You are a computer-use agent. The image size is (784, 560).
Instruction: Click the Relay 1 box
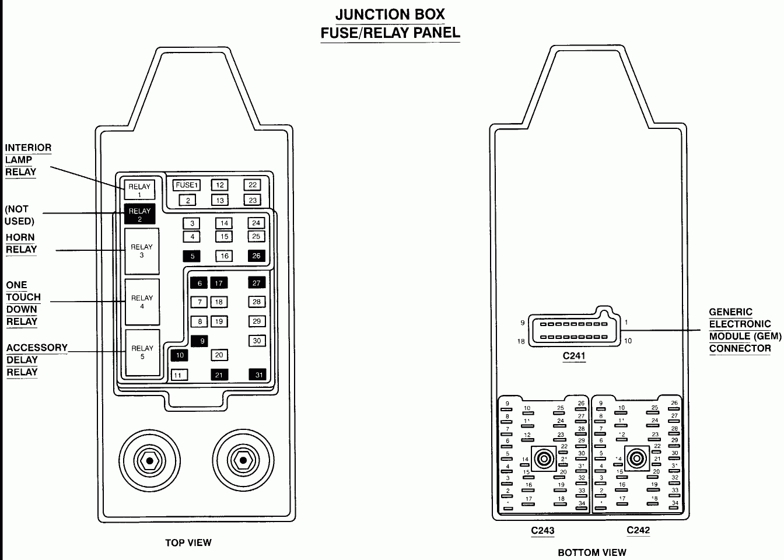coord(139,190)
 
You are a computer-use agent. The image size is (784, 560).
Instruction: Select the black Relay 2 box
coord(139,215)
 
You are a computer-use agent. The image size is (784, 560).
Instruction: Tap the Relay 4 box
coord(142,302)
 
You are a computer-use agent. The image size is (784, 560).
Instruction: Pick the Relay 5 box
coord(142,352)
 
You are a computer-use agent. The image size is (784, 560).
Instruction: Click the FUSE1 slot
coord(187,185)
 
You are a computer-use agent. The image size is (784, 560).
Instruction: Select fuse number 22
coord(253,185)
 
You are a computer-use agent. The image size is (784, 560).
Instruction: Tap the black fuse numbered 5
coord(191,256)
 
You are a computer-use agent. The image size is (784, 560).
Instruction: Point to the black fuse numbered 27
coord(256,283)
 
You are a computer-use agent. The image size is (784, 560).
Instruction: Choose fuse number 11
coord(178,375)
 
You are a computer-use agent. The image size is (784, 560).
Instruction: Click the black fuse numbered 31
coord(257,375)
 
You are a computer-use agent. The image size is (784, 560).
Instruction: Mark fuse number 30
coord(257,341)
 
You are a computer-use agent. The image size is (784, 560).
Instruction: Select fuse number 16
coord(224,256)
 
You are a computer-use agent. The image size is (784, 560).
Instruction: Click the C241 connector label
coord(573,356)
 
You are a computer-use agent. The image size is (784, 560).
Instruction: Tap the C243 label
coord(542,530)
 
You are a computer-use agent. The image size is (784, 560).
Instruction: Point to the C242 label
coord(638,530)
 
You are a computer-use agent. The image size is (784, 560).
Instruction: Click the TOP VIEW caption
coord(188,542)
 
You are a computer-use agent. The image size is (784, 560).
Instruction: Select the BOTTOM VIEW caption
coord(592,552)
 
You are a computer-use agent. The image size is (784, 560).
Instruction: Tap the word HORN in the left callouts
coord(20,237)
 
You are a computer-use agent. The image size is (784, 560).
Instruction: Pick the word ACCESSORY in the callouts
coord(37,348)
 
